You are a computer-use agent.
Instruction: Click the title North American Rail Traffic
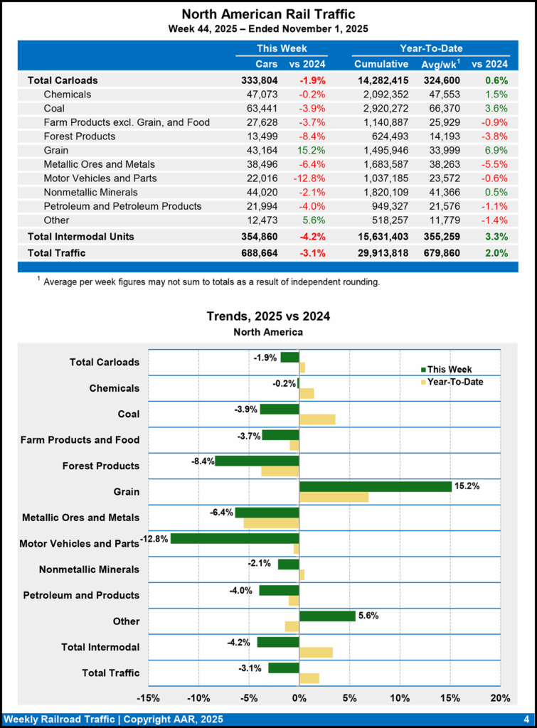tap(268, 14)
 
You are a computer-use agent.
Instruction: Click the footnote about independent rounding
tap(211, 282)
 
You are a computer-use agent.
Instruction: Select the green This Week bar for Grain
tap(376, 486)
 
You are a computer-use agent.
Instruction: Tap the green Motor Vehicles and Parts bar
tap(235, 538)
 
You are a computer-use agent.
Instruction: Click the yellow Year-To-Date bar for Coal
tap(317, 419)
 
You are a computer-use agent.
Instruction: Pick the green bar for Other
tap(327, 616)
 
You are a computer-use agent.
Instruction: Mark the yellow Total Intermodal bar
tap(316, 652)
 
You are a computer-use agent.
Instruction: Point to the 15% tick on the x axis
tap(450, 697)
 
